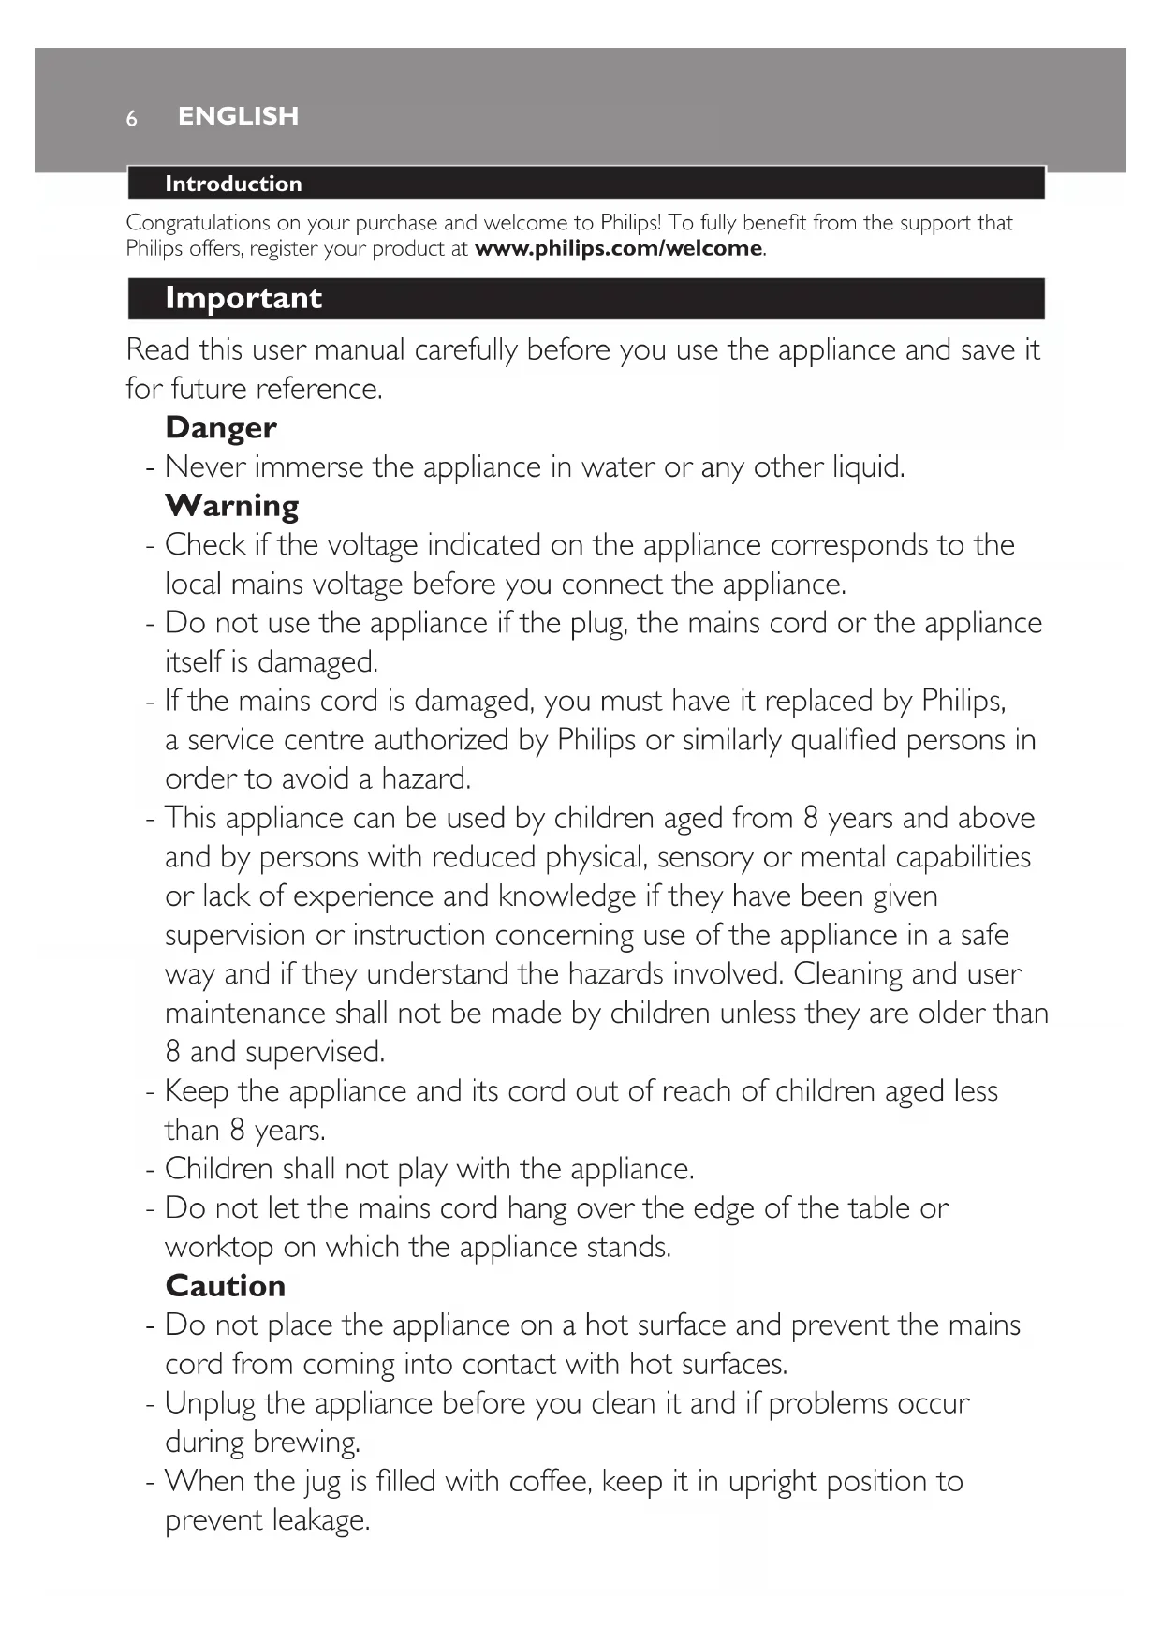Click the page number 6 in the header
pos(132,118)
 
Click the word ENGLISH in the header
pos(238,116)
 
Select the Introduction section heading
pos(233,184)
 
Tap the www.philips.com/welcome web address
pos(619,249)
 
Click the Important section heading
pos(243,298)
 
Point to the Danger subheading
pos(221,428)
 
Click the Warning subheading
pos(232,506)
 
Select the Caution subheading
pos(225,1286)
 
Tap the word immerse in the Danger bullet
pos(308,466)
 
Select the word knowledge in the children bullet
pos(566,896)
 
